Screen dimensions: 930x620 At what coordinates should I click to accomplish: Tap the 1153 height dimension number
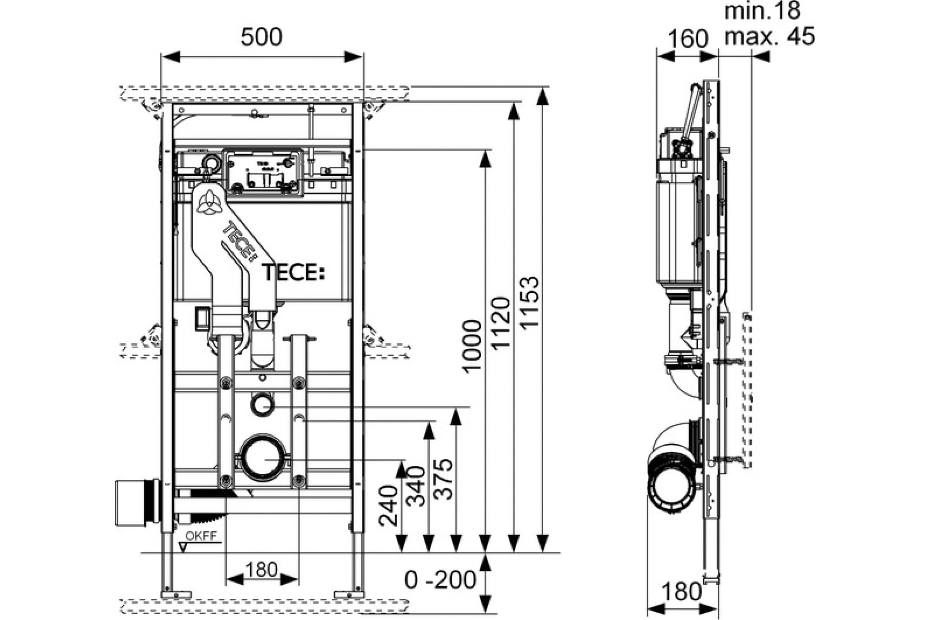pyautogui.click(x=529, y=303)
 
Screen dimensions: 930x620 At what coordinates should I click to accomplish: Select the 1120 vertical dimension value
pyautogui.click(x=501, y=324)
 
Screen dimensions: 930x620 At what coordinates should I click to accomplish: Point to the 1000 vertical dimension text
pyautogui.click(x=472, y=346)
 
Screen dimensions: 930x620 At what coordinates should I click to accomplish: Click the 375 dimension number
pyautogui.click(x=443, y=480)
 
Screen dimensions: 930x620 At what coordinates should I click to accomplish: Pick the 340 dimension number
pyautogui.click(x=415, y=486)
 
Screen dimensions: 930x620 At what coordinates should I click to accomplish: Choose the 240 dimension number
pyautogui.click(x=388, y=506)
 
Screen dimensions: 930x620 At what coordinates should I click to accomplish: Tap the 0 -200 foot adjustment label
pyautogui.click(x=440, y=580)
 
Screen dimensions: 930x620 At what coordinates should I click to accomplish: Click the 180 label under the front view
pyautogui.click(x=261, y=570)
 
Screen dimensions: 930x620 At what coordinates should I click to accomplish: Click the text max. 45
pyautogui.click(x=770, y=36)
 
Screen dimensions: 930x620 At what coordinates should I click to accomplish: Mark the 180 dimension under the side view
pyautogui.click(x=681, y=592)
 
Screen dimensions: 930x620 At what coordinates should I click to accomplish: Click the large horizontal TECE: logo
pyautogui.click(x=293, y=272)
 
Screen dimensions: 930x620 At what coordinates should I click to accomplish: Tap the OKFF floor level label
pyautogui.click(x=201, y=536)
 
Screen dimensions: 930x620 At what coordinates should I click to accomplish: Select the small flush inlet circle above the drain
pyautogui.click(x=262, y=405)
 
